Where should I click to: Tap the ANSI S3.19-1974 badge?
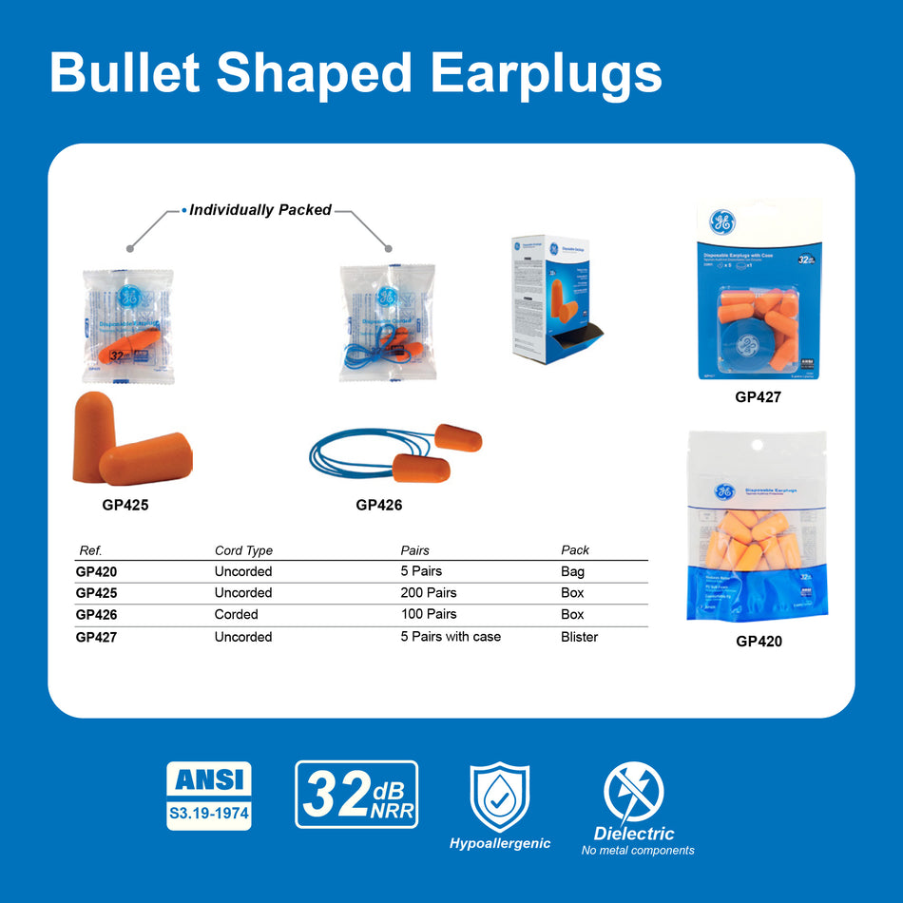[209, 796]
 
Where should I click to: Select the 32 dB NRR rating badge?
[356, 794]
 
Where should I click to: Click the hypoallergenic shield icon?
[500, 797]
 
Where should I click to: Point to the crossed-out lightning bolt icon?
[634, 793]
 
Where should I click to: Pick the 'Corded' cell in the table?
[236, 615]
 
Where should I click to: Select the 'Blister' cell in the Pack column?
[579, 637]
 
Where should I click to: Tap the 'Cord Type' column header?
[243, 550]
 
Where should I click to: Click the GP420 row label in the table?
[96, 572]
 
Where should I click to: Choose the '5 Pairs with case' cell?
[451, 637]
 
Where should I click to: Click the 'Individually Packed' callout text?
[259, 210]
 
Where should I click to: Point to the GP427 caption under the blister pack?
[758, 397]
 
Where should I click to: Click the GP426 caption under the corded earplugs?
[378, 506]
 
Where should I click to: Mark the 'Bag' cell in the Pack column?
[572, 572]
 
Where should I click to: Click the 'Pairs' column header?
[415, 550]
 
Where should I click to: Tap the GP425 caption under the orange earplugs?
[125, 506]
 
